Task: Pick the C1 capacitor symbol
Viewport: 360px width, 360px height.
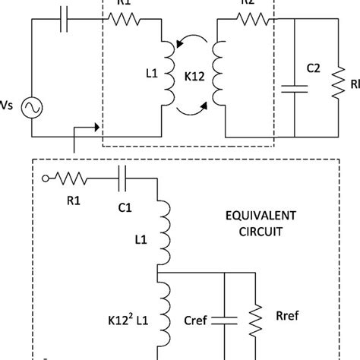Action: coord(122,178)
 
